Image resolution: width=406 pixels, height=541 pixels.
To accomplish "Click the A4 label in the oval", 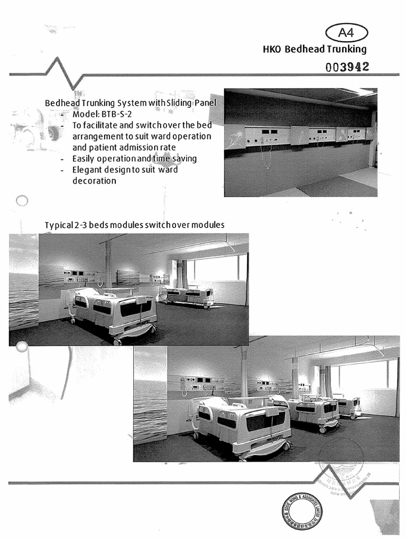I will (347, 33).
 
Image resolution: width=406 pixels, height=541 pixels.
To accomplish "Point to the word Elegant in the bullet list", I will (87, 170).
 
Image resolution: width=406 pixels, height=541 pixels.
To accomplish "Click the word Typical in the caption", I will (58, 225).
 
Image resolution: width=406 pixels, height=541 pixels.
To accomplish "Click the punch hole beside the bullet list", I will (22, 201).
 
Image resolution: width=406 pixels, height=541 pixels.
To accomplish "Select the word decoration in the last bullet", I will (94, 181).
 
